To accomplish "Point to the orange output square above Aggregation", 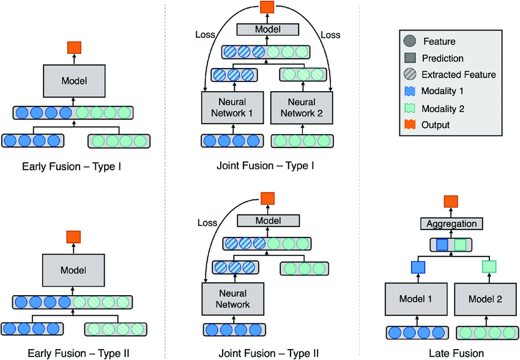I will coord(451,201).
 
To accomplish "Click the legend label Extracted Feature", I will coord(458,75).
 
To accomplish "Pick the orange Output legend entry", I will coord(435,125).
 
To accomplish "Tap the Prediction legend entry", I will coord(442,58).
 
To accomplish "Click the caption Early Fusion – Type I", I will coord(72,166).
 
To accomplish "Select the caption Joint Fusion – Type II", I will coord(268,353).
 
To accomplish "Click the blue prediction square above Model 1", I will coord(418,267).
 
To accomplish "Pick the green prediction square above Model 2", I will coord(489,267).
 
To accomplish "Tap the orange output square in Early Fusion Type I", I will coord(74,47).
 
